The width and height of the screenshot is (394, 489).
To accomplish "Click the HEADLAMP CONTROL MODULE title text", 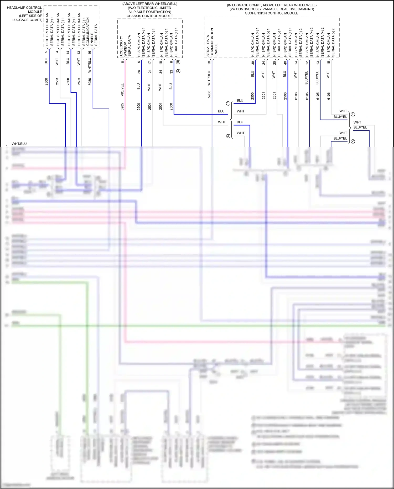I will [24, 10].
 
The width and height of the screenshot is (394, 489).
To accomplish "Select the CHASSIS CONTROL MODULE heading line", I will [150, 16].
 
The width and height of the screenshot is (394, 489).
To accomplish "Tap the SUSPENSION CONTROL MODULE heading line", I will [272, 13].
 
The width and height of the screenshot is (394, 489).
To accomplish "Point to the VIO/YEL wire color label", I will [122, 90].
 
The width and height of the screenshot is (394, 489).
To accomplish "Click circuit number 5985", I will [122, 106].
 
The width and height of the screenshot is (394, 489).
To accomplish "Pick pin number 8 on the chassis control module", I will [122, 62].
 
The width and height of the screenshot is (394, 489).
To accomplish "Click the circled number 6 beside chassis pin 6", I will [178, 62].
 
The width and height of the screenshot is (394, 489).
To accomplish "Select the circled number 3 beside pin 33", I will [178, 71].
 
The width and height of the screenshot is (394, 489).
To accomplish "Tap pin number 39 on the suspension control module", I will [253, 63].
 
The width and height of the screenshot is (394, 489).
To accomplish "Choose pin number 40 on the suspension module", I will [285, 63].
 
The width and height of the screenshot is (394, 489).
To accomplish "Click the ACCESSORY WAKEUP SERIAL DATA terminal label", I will [125, 46].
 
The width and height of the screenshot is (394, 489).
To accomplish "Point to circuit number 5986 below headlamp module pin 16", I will [90, 81].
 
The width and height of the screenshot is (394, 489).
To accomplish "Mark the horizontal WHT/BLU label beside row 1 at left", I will [19, 144].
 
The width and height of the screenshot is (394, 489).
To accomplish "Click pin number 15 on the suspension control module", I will [328, 63].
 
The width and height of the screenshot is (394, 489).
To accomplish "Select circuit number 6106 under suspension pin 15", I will [328, 96].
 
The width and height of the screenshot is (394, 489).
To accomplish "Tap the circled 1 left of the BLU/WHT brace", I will [228, 103].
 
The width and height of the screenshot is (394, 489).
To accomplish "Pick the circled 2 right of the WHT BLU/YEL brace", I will [353, 141].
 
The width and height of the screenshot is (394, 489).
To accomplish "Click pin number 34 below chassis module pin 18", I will [160, 71].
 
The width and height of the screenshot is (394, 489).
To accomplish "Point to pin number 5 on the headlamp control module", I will [46, 52].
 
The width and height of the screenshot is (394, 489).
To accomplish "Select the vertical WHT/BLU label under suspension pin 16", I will [209, 78].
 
